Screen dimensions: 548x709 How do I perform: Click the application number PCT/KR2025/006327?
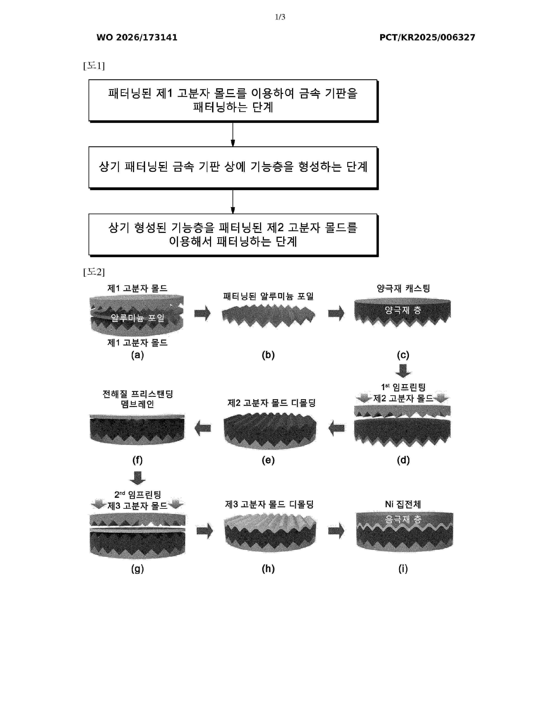427,37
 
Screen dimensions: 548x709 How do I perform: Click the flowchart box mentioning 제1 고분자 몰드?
233,101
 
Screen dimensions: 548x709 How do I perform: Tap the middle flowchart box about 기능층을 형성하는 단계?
233,168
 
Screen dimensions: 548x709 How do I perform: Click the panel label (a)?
137,355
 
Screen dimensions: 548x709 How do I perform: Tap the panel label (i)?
403,568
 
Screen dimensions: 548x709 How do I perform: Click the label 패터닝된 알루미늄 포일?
268,296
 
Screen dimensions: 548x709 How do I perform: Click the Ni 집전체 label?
403,504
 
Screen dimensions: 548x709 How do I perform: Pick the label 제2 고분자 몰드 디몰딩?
271,403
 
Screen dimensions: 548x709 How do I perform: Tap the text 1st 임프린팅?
403,387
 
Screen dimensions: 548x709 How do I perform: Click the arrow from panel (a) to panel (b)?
202,313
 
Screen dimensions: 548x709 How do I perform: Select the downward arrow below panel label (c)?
403,371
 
